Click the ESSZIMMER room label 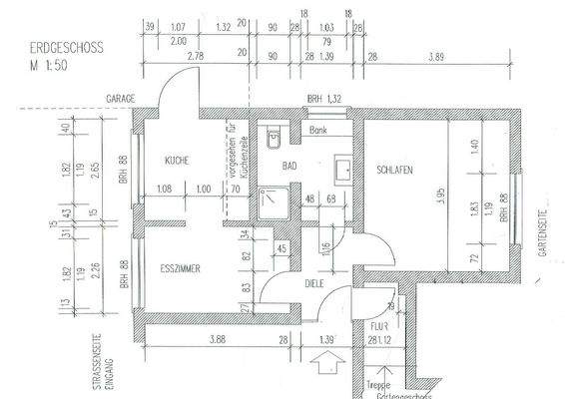pos(180,268)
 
